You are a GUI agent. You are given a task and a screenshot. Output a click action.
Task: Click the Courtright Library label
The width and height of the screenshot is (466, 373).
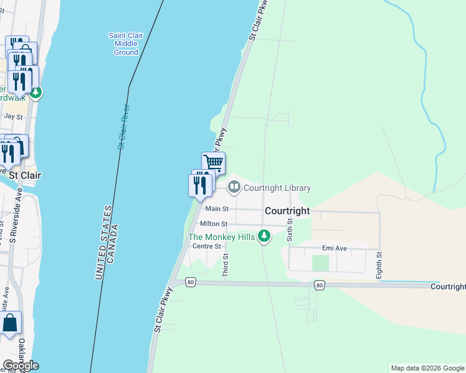pos(277,188)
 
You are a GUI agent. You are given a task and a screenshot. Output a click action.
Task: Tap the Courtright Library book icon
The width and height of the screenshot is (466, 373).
pos(234,186)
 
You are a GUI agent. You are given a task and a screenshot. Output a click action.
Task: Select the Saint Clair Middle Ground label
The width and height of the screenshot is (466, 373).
pos(126,44)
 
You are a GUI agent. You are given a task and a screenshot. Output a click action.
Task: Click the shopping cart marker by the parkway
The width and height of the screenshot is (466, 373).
pos(214,163)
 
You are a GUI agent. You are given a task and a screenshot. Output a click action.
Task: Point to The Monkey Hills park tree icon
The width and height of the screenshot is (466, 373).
pos(264,236)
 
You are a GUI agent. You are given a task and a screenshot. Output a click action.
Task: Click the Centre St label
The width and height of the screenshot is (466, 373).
pos(207,246)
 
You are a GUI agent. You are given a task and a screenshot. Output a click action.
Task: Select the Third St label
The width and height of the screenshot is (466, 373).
pos(226,265)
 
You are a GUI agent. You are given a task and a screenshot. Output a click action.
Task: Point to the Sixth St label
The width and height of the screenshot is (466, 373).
pos(290,229)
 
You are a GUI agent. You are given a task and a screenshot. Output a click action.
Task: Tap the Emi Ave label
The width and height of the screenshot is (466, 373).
pos(334,248)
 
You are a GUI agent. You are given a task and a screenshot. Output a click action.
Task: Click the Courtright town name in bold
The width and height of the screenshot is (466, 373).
pos(287,211)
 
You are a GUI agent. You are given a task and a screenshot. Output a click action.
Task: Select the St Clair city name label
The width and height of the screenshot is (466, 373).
pos(25,175)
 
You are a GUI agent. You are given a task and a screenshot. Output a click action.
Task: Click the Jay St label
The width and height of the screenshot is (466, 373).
pos(13,116)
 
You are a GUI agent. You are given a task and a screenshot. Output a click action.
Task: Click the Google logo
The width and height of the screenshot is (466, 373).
pos(21,366)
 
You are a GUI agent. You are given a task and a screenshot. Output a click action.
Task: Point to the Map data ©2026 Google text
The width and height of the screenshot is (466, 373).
pos(427,368)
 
